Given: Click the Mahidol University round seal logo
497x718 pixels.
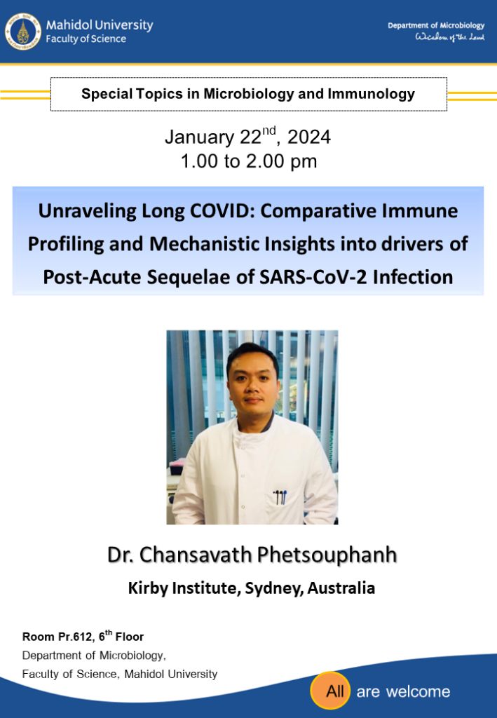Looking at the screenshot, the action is click(23, 32).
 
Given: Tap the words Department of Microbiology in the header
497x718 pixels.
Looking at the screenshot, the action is click(436, 26).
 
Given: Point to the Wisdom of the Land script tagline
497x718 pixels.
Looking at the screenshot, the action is click(450, 38).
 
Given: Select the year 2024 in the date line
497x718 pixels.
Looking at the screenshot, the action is click(309, 137).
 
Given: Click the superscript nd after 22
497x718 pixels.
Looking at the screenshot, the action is click(268, 130).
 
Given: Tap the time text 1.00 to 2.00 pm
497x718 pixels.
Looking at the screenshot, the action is click(248, 161).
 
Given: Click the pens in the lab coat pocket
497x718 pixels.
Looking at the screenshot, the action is click(280, 497).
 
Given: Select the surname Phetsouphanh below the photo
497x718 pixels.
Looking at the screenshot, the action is click(327, 555).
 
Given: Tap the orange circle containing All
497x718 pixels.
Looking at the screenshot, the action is click(330, 691).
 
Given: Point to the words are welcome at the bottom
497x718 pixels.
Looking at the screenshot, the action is click(403, 691).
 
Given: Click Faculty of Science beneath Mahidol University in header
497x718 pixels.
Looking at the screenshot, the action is click(86, 39).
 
